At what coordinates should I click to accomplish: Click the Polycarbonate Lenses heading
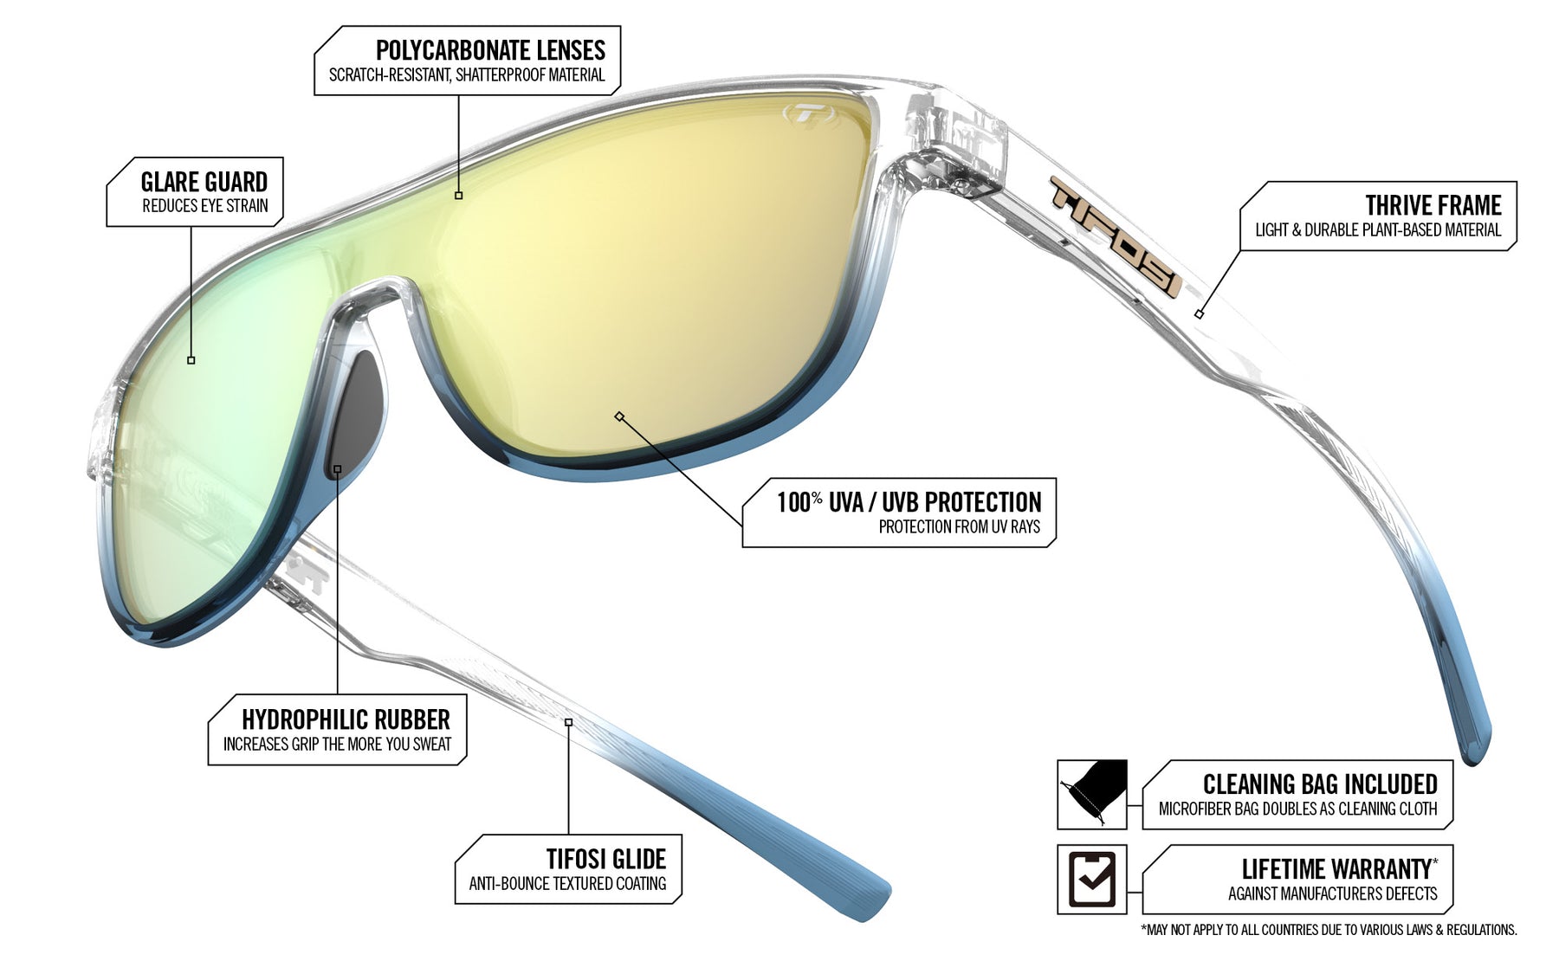point(490,50)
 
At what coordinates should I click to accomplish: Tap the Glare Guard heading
point(204,182)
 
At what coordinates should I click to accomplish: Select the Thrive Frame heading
point(1433,205)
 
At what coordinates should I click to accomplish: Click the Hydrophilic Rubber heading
point(346,719)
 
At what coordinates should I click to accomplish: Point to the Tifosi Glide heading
point(606,859)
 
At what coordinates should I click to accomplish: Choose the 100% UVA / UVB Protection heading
point(909,502)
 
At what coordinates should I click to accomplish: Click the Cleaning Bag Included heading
point(1320,784)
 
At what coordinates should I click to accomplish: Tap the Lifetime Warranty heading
point(1340,868)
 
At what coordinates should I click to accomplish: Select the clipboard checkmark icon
point(1092,879)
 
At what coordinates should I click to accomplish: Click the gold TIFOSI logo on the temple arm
point(1116,235)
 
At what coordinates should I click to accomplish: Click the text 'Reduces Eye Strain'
point(205,206)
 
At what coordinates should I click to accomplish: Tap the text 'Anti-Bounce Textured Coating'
point(568,884)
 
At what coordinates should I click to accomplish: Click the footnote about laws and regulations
point(1329,930)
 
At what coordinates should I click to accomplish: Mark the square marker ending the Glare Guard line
point(191,360)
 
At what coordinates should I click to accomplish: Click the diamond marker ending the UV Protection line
point(619,416)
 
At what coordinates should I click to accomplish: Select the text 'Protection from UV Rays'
point(960,526)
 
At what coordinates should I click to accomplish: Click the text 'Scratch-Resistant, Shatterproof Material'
point(467,75)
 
